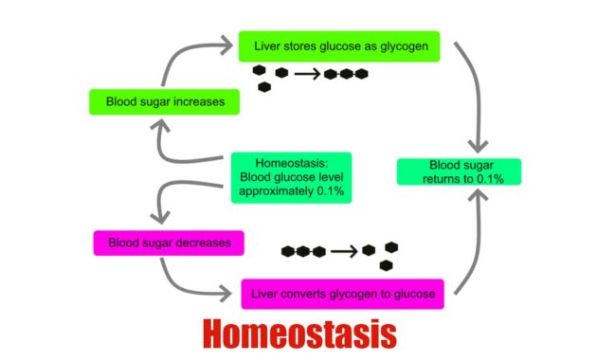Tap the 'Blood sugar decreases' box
[168, 243]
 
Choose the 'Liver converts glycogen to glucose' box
[342, 294]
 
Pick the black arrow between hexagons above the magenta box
[345, 251]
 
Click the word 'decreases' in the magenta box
[204, 243]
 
